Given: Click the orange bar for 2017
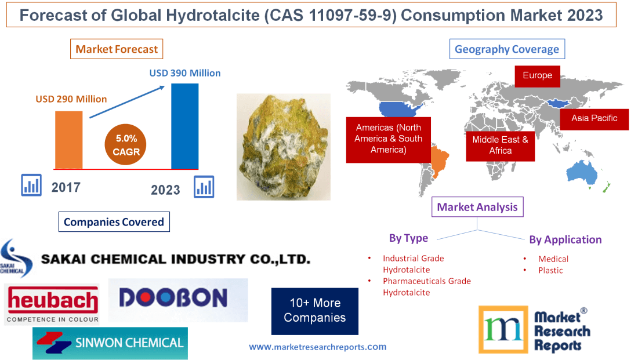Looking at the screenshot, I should click(x=68, y=139).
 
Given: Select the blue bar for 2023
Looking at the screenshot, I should click(x=184, y=126).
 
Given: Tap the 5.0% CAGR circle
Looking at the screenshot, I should click(x=125, y=145).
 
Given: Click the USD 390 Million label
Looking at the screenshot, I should click(x=185, y=73).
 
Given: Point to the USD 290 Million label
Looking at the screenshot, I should click(x=71, y=99).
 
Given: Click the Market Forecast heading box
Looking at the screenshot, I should click(x=117, y=49).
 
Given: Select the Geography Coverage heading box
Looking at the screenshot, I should click(x=507, y=49).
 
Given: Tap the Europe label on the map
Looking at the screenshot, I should click(x=537, y=76).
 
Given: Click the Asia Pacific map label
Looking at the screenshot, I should click(x=594, y=119).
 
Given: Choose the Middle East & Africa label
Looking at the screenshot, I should click(x=500, y=145).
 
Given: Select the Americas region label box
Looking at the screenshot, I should click(x=388, y=139).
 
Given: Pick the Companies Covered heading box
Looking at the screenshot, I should click(x=114, y=221).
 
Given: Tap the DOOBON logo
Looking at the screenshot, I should click(x=177, y=299).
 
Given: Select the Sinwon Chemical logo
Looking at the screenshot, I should click(x=110, y=343).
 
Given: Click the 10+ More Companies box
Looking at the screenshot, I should click(x=314, y=311).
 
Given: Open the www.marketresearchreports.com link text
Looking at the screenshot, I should click(x=317, y=347).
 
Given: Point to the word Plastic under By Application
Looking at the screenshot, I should click(x=550, y=270).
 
